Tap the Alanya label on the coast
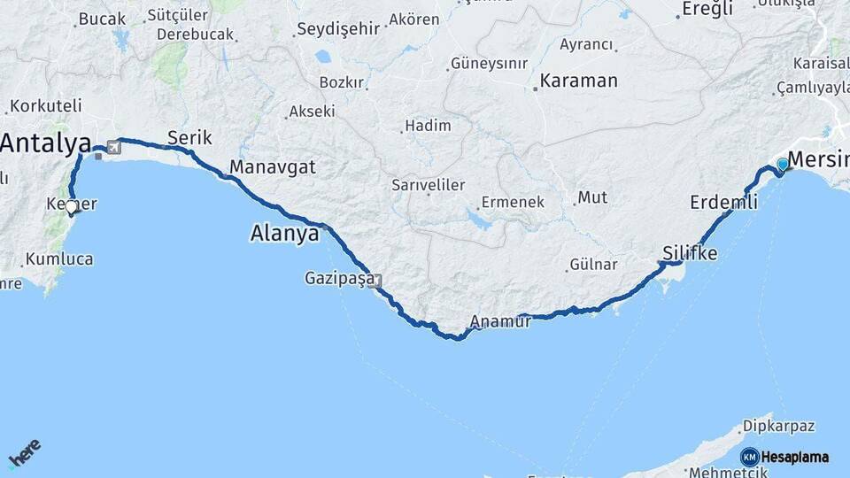coord(283,234)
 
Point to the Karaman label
coord(578,81)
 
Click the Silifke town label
coord(690,254)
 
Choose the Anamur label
coord(501,321)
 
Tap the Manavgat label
coord(272,166)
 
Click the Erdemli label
coord(723,203)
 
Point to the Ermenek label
coord(514,202)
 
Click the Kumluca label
coord(59,259)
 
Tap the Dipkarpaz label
coord(778,426)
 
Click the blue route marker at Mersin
coord(783,165)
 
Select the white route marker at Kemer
coord(72,207)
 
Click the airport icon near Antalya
coord(114,146)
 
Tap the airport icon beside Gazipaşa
coord(377,281)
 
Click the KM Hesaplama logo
coord(784,457)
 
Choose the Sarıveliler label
coord(429,185)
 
